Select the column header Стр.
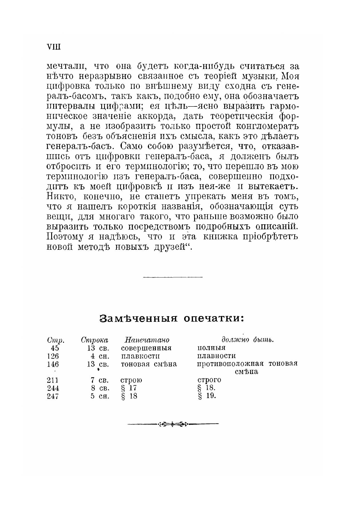(x=55, y=340)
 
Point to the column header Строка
(x=94, y=340)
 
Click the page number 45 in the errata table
(x=54, y=348)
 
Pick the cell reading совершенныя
(x=146, y=348)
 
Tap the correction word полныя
(x=211, y=348)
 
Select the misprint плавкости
(x=140, y=356)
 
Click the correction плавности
(x=216, y=356)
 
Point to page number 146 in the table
(x=53, y=364)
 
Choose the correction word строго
(x=209, y=380)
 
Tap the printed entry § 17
(x=129, y=388)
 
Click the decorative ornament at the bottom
(x=172, y=424)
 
